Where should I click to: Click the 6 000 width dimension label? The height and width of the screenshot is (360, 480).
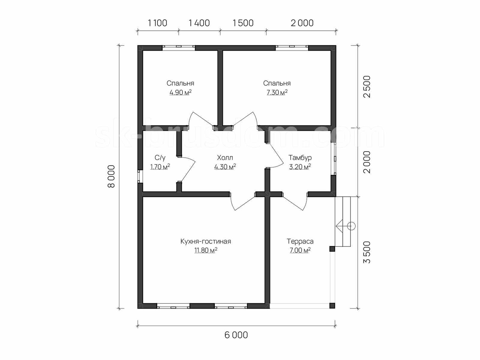[x=236, y=341]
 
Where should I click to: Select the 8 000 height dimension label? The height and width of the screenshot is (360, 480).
[x=111, y=176]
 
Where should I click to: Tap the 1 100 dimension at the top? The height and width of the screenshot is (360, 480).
[x=158, y=23]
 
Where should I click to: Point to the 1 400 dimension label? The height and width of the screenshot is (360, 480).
[x=199, y=23]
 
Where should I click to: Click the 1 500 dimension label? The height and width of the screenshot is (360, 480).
[x=243, y=23]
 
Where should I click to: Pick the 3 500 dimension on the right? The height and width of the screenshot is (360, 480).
[x=367, y=252]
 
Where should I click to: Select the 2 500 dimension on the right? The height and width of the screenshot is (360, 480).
[x=367, y=87]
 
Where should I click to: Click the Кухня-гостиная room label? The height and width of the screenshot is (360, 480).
[x=206, y=241]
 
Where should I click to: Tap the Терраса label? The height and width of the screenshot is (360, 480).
[x=300, y=241]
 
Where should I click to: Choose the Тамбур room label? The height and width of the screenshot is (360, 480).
[x=300, y=158]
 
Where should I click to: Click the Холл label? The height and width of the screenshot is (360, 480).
[x=225, y=158]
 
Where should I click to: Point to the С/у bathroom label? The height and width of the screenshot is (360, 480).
[x=160, y=158]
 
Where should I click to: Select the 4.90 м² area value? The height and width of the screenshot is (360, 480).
[x=180, y=92]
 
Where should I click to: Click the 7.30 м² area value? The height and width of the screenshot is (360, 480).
[x=277, y=92]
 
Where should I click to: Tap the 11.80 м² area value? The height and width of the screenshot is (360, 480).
[x=206, y=250]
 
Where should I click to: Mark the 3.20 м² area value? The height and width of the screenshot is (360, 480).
[x=300, y=167]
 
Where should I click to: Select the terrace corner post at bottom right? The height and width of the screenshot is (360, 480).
[x=332, y=305]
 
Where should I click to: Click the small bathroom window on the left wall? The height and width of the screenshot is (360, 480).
[x=140, y=176]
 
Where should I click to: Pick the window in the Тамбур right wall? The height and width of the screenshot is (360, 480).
[x=334, y=159]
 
